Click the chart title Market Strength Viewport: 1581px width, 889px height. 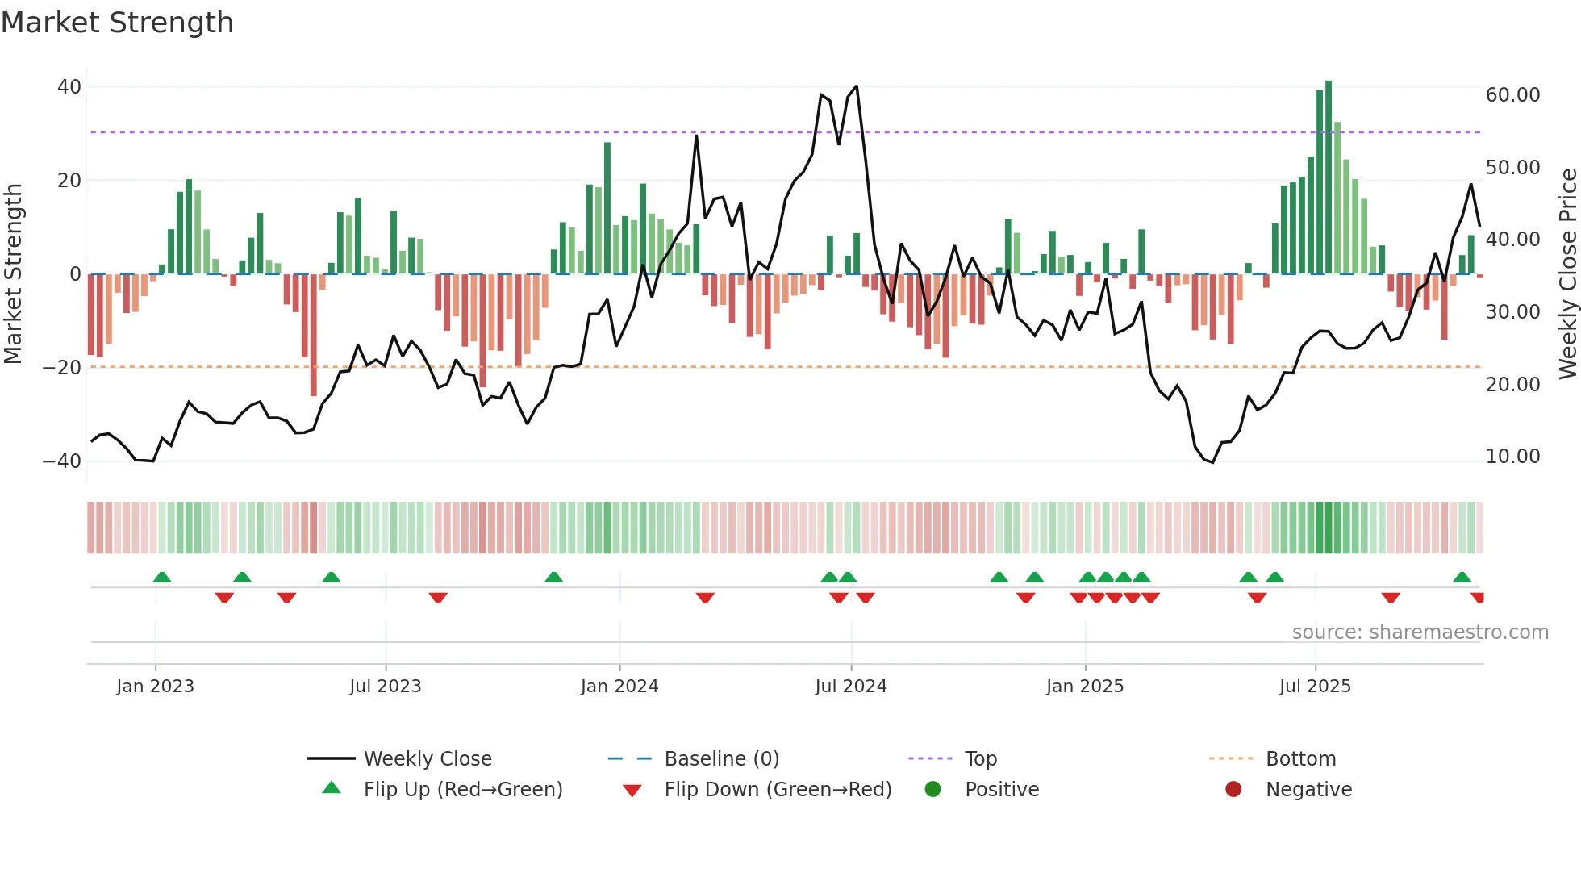coord(117,23)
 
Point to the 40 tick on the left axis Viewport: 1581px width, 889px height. coord(69,87)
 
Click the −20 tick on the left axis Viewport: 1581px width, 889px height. coord(62,368)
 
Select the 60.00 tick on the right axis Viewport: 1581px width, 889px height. coord(1512,95)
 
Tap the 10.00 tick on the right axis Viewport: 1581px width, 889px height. coord(1512,457)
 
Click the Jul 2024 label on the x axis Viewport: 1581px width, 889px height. coord(850,687)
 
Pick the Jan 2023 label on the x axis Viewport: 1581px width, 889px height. coord(155,687)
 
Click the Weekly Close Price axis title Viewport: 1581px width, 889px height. coord(1567,274)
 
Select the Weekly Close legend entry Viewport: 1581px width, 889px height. coord(427,759)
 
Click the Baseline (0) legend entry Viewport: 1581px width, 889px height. coord(721,759)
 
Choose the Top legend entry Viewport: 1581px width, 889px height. coord(980,759)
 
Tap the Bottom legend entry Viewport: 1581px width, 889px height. coord(1300,759)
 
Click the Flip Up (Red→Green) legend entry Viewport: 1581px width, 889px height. coord(462,790)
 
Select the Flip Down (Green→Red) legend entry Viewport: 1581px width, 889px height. coord(778,790)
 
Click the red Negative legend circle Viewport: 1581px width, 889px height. coord(1233,790)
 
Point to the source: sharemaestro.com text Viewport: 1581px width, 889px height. coord(1420,632)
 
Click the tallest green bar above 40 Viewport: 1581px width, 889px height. coord(1329,177)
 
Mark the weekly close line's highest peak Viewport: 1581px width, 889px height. coord(856,86)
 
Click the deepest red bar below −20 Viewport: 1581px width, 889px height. coord(314,335)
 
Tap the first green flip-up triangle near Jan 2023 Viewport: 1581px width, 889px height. coord(162,577)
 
